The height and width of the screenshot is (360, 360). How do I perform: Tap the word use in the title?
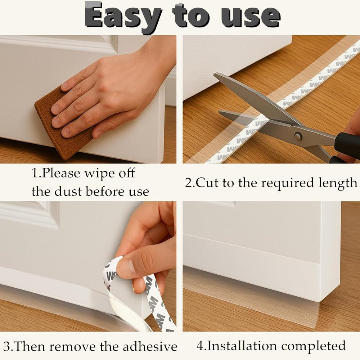tap(251, 17)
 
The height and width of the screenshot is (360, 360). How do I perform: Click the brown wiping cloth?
tap(63, 124)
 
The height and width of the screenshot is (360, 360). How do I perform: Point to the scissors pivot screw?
tap(298, 136)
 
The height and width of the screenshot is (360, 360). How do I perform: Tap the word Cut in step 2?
tap(207, 183)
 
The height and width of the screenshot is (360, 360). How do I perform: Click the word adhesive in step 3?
tap(150, 346)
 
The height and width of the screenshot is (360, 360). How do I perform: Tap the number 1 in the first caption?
tap(35, 174)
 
